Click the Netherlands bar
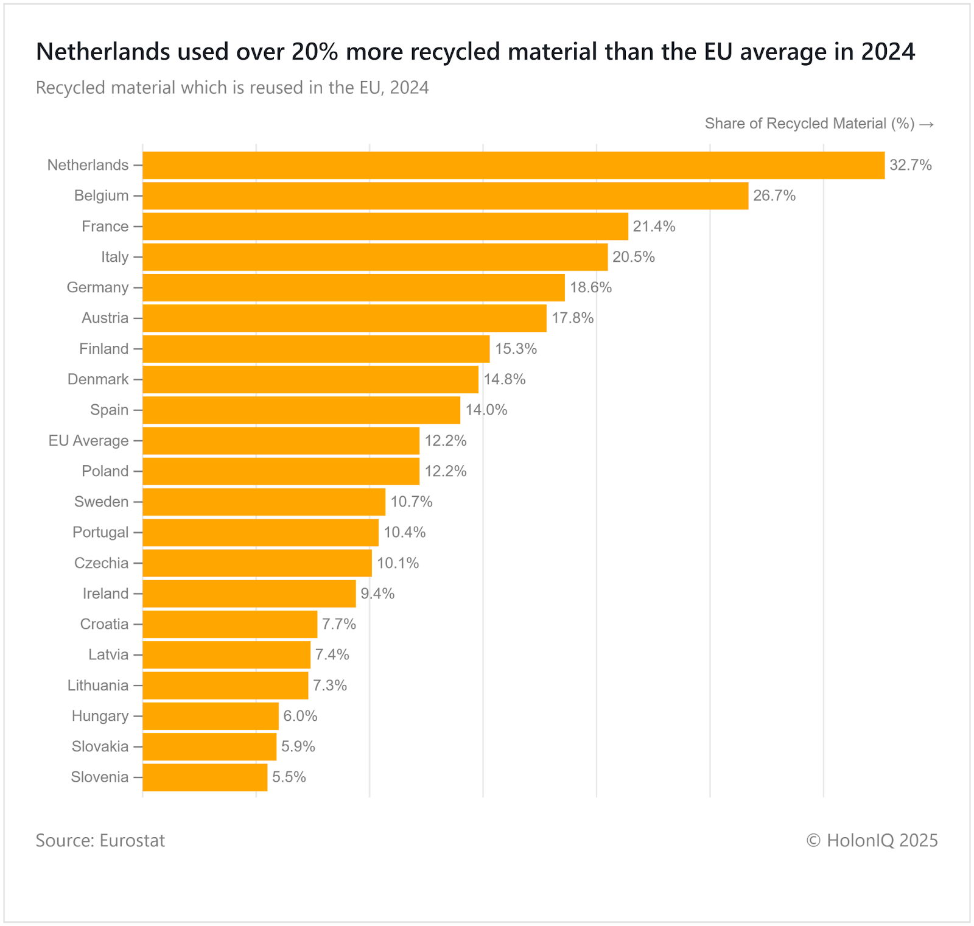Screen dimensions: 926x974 click(513, 166)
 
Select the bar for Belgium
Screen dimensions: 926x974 click(445, 196)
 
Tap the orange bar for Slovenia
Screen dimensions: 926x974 click(205, 777)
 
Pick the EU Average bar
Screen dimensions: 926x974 click(281, 441)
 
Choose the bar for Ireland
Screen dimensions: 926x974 click(249, 594)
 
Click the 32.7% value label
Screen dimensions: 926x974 click(911, 166)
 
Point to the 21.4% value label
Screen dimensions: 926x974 click(654, 226)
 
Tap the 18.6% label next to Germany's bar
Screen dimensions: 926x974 click(590, 287)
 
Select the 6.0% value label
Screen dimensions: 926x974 click(300, 716)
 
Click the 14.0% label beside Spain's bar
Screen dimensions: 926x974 click(486, 410)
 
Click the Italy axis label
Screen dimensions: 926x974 click(115, 257)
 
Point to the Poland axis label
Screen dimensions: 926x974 click(105, 471)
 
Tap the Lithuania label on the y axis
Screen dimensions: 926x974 click(98, 686)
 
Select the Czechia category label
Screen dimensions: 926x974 click(101, 563)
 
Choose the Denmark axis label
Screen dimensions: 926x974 click(98, 379)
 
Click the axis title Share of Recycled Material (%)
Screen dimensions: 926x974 click(810, 124)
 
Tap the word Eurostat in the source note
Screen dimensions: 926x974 click(132, 841)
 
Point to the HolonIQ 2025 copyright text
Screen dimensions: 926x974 click(872, 841)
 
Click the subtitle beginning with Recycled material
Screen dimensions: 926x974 click(232, 88)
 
